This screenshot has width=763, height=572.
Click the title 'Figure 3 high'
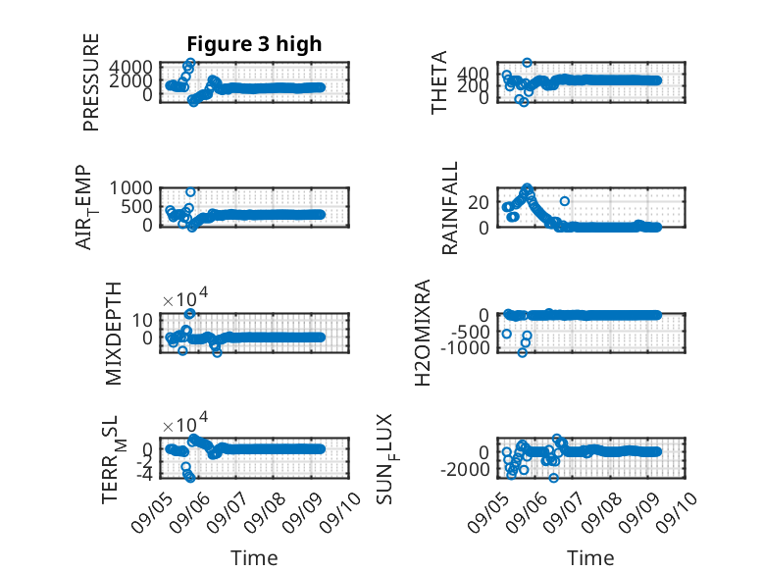tap(254, 44)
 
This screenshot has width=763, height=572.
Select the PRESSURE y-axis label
tap(91, 82)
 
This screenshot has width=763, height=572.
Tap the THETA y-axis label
tap(439, 82)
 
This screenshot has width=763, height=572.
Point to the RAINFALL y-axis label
tap(449, 208)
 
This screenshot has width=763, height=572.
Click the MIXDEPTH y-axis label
tap(113, 334)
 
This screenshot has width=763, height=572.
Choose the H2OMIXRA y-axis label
tap(423, 333)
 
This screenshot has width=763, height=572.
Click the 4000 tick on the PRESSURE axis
tap(130, 67)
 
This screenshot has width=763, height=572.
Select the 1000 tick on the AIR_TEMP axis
tap(130, 188)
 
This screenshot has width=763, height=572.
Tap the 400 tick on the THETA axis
tap(473, 74)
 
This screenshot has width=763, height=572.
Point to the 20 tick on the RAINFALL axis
tap(479, 202)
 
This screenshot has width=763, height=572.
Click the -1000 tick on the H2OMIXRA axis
tap(465, 348)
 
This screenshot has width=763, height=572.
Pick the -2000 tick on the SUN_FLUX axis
tap(465, 470)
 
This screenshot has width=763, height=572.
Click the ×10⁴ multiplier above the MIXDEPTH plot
tap(185, 298)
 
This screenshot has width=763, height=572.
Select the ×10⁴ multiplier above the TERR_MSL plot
tap(185, 423)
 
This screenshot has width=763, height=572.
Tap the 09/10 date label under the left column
tap(340, 512)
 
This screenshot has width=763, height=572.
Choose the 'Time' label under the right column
tap(590, 558)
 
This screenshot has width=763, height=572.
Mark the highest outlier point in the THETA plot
tap(527, 63)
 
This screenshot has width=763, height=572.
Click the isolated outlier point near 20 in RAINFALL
tap(565, 201)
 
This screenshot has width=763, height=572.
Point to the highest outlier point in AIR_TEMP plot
tap(190, 191)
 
